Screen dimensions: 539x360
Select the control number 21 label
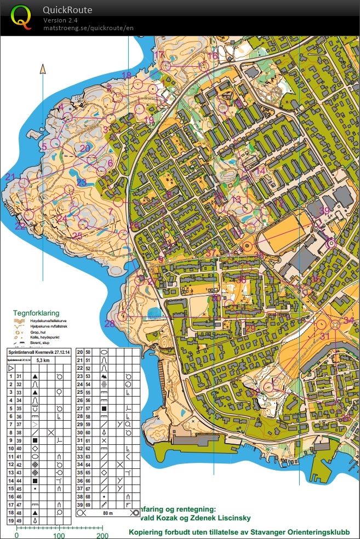pyautogui.click(x=11, y=176)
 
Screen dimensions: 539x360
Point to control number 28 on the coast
pyautogui.click(x=110, y=324)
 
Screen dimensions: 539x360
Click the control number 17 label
pyautogui.click(x=159, y=55)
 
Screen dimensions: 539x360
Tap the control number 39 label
pyautogui.click(x=324, y=211)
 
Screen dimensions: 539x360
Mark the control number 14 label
pyautogui.click(x=261, y=171)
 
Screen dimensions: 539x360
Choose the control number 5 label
pyautogui.click(x=44, y=146)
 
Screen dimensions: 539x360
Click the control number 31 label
pyautogui.click(x=325, y=336)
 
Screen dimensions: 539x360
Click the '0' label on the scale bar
pyautogui.click(x=17, y=535)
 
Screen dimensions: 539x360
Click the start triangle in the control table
pyautogui.click(x=10, y=369)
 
